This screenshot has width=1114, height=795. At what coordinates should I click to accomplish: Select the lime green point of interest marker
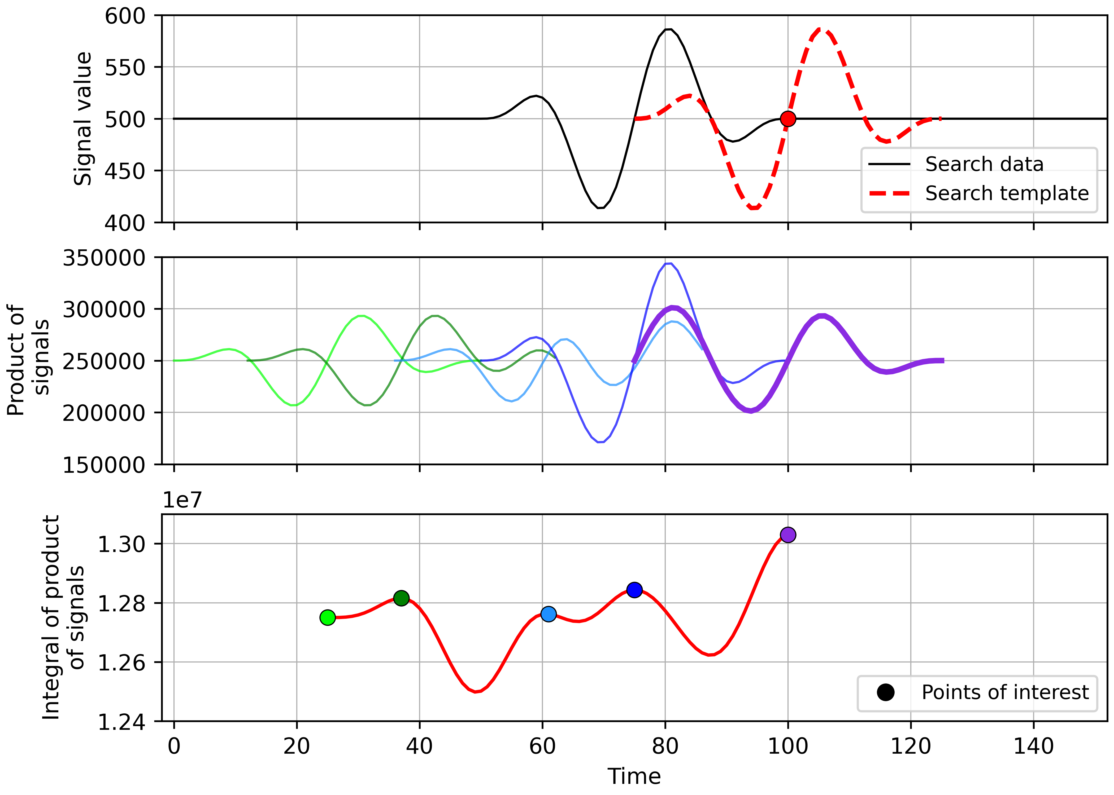(327, 617)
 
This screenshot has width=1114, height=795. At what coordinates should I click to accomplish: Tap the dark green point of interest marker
(401, 598)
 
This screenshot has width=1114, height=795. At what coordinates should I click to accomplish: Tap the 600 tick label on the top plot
(125, 16)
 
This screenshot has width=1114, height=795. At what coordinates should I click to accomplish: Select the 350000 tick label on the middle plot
(104, 258)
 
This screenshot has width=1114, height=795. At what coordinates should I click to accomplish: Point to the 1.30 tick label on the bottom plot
(122, 544)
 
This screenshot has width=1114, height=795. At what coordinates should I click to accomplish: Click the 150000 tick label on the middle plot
(104, 465)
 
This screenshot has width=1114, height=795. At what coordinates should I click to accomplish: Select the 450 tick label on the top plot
(125, 171)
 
